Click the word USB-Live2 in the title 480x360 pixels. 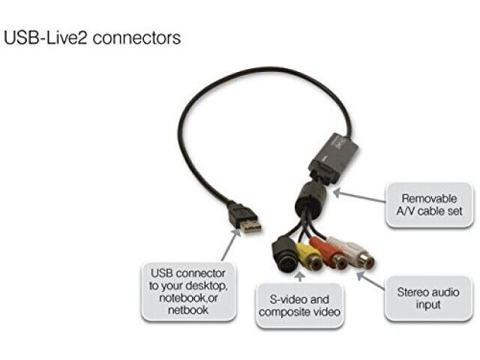(x=45, y=38)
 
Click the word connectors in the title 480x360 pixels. (x=136, y=38)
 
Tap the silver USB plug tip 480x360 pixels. (x=250, y=225)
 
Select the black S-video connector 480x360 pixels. (x=285, y=255)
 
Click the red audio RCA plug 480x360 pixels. (x=330, y=253)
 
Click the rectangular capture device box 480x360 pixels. (x=333, y=158)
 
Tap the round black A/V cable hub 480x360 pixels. (x=310, y=198)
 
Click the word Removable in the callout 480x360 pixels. (x=429, y=198)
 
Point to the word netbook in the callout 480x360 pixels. (x=188, y=310)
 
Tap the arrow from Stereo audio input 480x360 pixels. (x=370, y=280)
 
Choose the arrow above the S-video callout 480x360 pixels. (x=301, y=277)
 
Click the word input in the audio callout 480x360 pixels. (x=428, y=304)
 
